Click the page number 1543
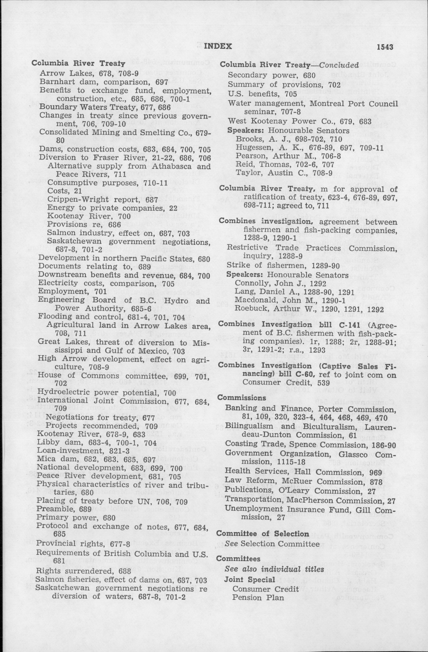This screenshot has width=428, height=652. pyautogui.click(x=385, y=47)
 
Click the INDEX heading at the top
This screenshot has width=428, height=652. pyautogui.click(x=218, y=46)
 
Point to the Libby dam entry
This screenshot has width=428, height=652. pyautogui.click(x=97, y=443)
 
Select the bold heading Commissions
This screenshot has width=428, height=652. pyautogui.click(x=242, y=398)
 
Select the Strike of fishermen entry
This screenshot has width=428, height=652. pyautogui.click(x=283, y=266)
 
